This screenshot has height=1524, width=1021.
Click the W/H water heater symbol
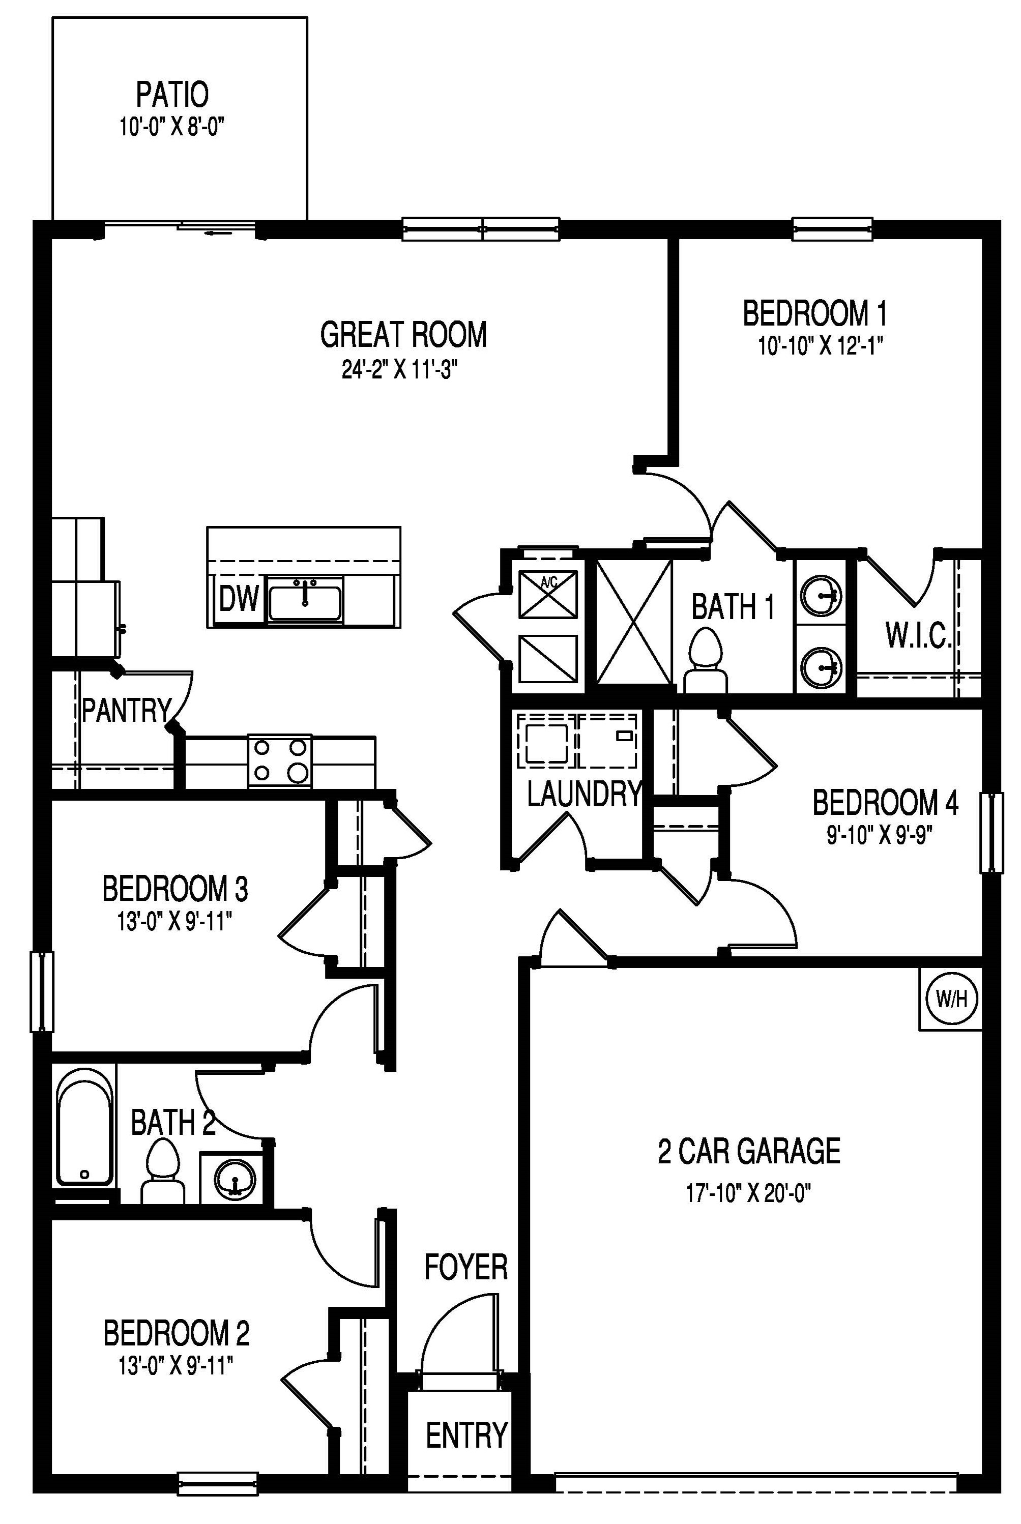(951, 998)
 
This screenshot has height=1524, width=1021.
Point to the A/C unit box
(548, 594)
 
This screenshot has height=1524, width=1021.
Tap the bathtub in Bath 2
(83, 1131)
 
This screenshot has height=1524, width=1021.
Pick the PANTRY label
(126, 710)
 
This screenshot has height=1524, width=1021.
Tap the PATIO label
(172, 95)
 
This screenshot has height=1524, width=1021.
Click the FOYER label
(465, 1266)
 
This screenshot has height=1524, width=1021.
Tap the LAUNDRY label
(584, 794)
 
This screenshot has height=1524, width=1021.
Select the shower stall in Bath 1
(633, 622)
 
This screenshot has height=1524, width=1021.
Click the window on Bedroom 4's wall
(991, 833)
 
